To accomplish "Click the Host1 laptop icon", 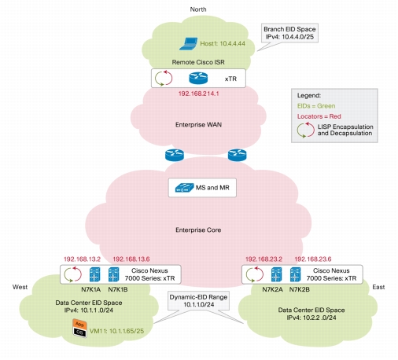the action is click(x=189, y=43).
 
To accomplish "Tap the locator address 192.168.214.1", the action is click(x=198, y=94).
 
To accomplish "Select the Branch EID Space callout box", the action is click(x=289, y=33).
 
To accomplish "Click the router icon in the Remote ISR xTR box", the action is click(x=198, y=78).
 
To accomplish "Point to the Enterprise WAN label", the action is click(x=198, y=124).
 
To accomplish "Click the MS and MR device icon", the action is click(x=184, y=188).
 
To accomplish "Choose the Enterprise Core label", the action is click(x=198, y=230).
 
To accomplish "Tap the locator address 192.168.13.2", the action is click(x=82, y=259).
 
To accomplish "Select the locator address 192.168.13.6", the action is click(x=131, y=259).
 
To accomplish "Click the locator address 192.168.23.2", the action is click(x=263, y=259).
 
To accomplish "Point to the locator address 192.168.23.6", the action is click(x=313, y=259).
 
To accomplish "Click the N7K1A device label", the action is click(x=90, y=289).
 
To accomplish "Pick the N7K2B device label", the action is click(x=299, y=289).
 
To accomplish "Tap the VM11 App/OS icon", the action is click(x=79, y=328).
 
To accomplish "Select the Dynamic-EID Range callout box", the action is click(x=199, y=301).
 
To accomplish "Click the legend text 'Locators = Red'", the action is click(x=319, y=116).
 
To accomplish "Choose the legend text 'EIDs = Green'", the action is click(x=316, y=106).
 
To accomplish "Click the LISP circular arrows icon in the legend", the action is click(x=305, y=130).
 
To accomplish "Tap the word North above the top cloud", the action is click(x=198, y=9).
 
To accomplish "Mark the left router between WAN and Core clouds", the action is click(x=175, y=155).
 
